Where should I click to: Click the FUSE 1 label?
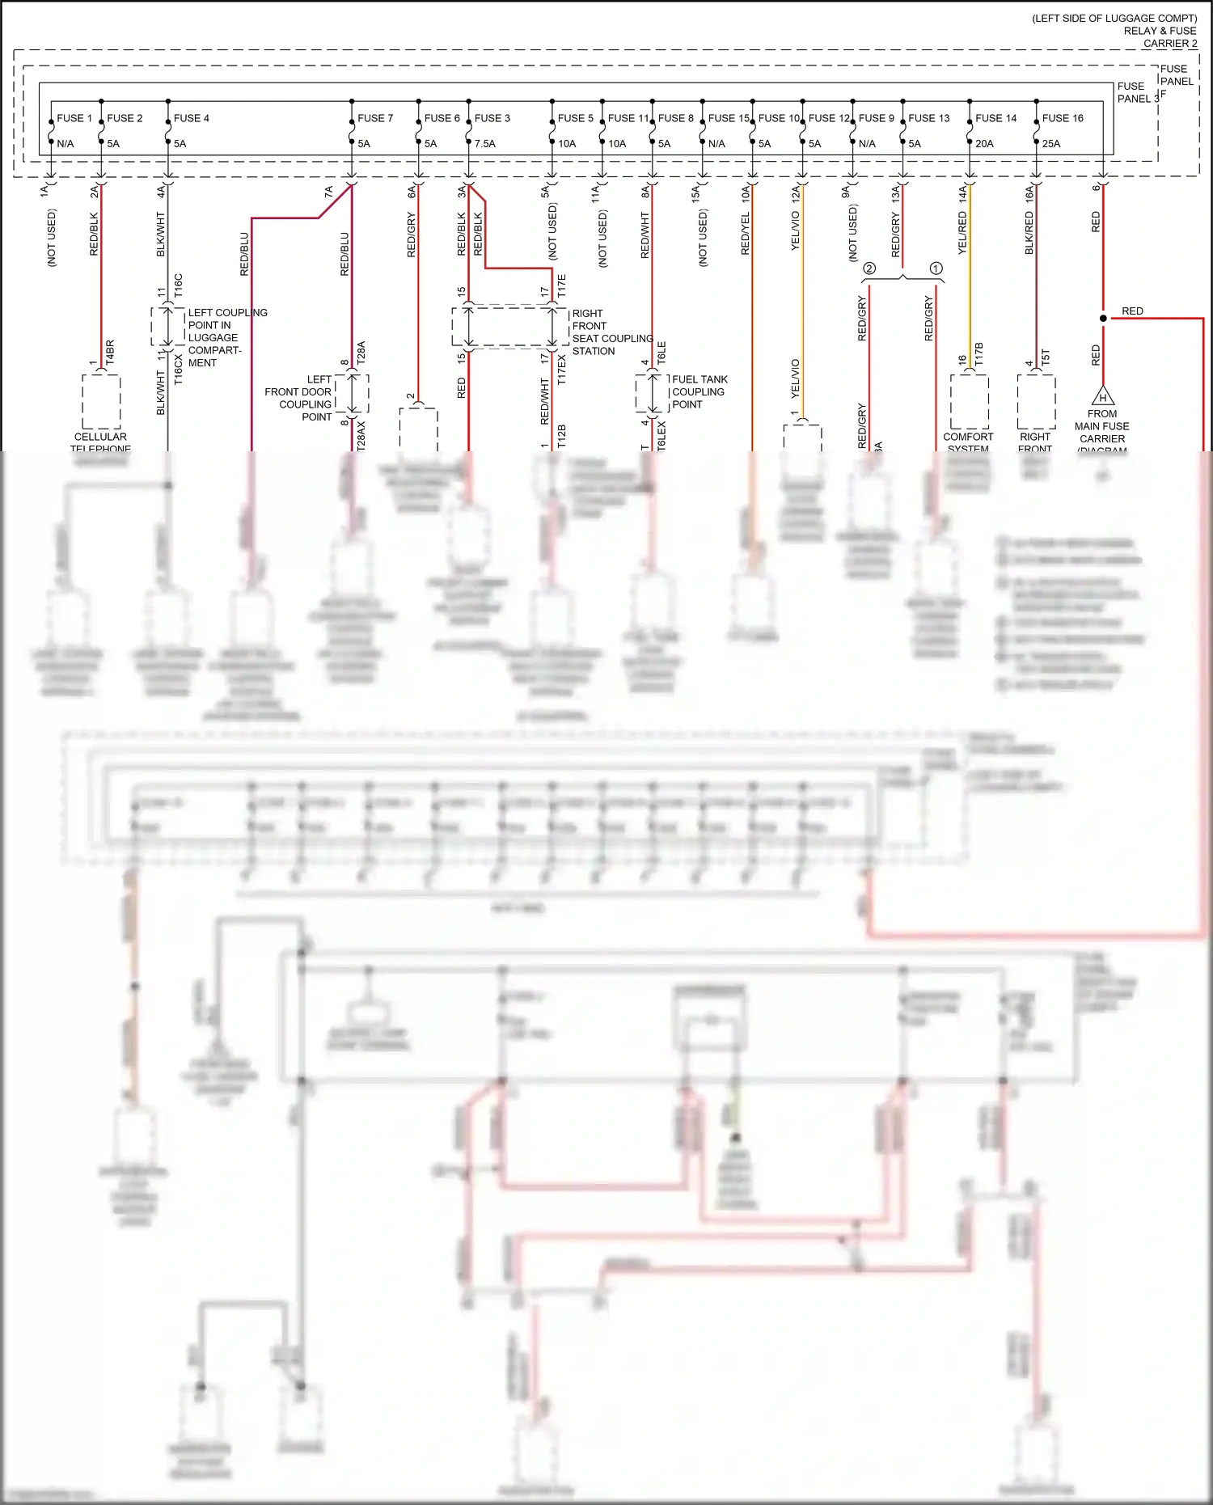tap(74, 118)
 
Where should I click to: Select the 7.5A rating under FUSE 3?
tap(485, 144)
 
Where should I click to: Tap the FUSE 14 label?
tap(995, 118)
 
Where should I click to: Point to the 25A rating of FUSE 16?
tap(1051, 144)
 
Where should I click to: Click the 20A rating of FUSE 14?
tap(984, 144)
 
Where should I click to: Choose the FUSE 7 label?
tap(375, 118)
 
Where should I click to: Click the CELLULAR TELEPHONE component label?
tap(100, 442)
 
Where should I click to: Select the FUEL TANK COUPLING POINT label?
tap(699, 391)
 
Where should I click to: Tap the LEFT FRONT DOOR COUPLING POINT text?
tap(298, 398)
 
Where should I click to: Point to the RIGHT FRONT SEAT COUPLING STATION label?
tap(611, 332)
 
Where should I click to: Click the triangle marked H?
tap(1102, 397)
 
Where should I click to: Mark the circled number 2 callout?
tap(869, 268)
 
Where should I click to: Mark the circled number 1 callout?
tap(936, 268)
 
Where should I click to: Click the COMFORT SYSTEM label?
tap(968, 442)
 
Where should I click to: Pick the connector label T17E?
tap(562, 285)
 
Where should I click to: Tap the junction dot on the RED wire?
tap(1103, 319)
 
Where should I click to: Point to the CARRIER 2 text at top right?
tap(1170, 44)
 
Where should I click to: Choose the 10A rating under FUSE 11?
tap(617, 144)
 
